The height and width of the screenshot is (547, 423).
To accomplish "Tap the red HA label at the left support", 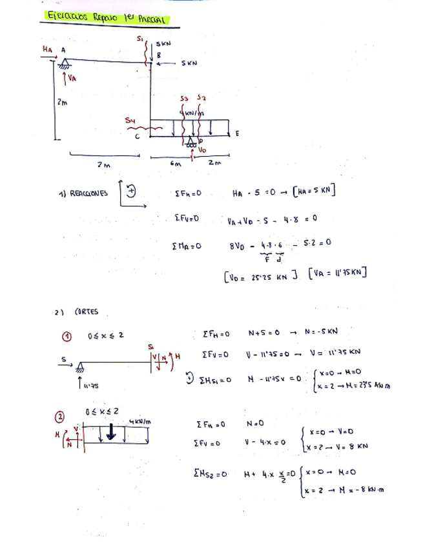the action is [x=46, y=48].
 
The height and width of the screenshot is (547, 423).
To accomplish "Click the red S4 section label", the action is [x=130, y=120].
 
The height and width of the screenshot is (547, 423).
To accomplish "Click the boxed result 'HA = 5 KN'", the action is [x=315, y=192].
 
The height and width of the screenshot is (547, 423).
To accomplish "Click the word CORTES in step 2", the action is [x=86, y=312].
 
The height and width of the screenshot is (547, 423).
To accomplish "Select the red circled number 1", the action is [x=66, y=336].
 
